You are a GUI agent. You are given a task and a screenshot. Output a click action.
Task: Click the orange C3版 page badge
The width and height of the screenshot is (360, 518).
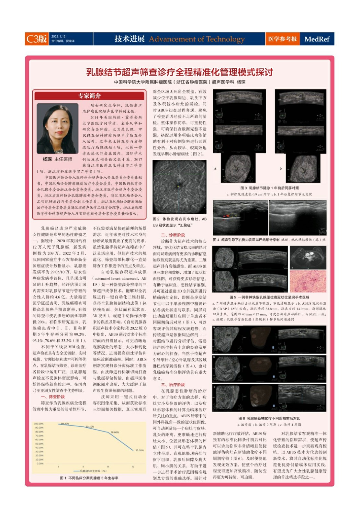(x=37, y=39)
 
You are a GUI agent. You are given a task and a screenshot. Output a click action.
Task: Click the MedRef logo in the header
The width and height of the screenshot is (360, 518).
(x=317, y=39)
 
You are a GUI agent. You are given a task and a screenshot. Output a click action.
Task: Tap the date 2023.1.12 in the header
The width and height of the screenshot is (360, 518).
(x=58, y=37)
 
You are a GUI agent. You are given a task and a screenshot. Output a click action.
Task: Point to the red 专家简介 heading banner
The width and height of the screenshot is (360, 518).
(x=89, y=96)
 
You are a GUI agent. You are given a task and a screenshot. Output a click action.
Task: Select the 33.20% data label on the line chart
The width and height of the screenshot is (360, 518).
(x=140, y=450)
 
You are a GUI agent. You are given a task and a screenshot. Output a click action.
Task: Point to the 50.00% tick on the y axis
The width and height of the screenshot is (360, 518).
(x=39, y=444)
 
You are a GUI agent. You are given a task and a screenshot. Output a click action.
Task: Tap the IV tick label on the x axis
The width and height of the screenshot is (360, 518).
(x=133, y=467)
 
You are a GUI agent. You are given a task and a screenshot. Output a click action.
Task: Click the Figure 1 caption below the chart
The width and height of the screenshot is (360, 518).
(x=89, y=478)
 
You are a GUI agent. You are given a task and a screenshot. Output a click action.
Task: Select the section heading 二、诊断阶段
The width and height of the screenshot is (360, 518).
(x=173, y=235)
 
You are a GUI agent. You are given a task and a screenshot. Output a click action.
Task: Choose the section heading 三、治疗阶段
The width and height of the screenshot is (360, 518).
(x=173, y=385)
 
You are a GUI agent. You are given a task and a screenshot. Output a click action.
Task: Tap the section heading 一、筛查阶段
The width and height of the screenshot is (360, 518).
(x=53, y=397)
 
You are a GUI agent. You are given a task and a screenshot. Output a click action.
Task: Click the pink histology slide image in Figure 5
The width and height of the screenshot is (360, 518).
(x=308, y=282)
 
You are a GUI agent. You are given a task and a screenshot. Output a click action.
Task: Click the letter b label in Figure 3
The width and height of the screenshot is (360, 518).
(x=281, y=168)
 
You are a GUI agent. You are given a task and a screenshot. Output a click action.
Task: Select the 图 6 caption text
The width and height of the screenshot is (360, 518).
(x=269, y=418)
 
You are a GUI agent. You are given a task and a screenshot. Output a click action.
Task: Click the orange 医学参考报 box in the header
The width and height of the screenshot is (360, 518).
(x=282, y=39)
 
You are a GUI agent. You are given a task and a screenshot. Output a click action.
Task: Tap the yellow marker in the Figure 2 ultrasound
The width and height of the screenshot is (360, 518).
(x=178, y=186)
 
